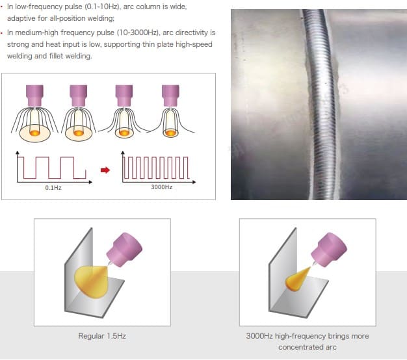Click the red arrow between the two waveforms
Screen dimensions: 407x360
105,170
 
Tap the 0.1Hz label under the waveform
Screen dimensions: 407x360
53,188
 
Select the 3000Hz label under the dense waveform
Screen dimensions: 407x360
161,187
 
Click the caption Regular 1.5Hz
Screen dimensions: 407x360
102,336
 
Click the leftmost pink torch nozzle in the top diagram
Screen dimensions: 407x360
34,96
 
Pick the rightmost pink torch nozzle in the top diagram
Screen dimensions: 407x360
170,96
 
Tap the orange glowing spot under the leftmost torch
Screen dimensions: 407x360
34,133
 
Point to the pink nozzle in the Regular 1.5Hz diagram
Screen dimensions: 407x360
125,250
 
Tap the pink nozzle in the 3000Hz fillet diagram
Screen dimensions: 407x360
329,250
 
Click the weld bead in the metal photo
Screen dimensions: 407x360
320,104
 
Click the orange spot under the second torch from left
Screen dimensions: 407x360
79,133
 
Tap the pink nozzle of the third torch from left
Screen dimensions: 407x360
124,96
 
